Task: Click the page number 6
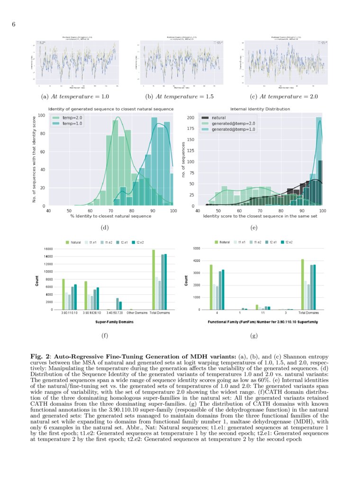(14, 25)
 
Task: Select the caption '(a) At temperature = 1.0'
(75, 97)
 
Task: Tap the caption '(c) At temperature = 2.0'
(284, 97)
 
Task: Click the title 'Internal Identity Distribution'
(260, 109)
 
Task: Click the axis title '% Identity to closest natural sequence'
(111, 216)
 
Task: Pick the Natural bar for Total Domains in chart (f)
(153, 280)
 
